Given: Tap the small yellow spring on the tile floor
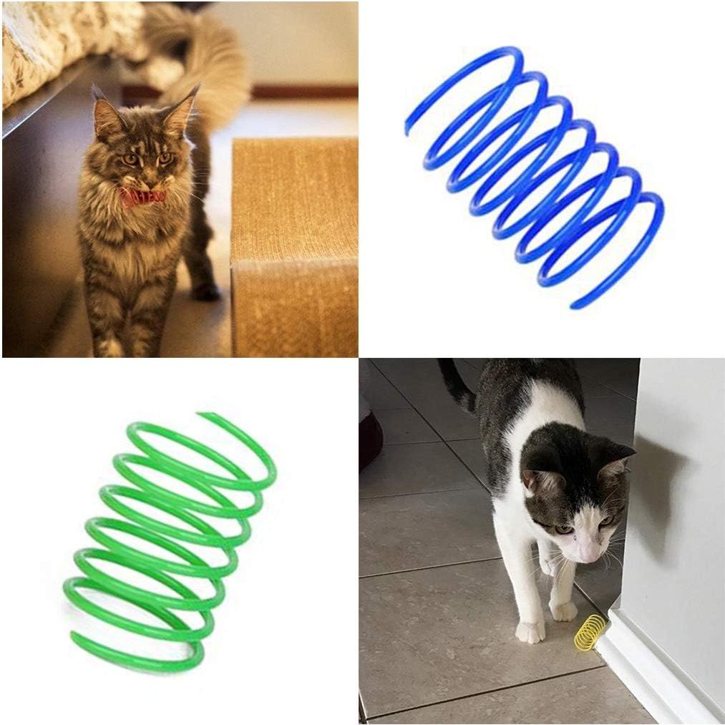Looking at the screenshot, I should (x=589, y=632).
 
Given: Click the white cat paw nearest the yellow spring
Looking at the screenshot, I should (x=563, y=610).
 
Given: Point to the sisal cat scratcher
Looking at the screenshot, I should (x=293, y=243).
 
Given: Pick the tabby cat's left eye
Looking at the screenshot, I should (x=166, y=157).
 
